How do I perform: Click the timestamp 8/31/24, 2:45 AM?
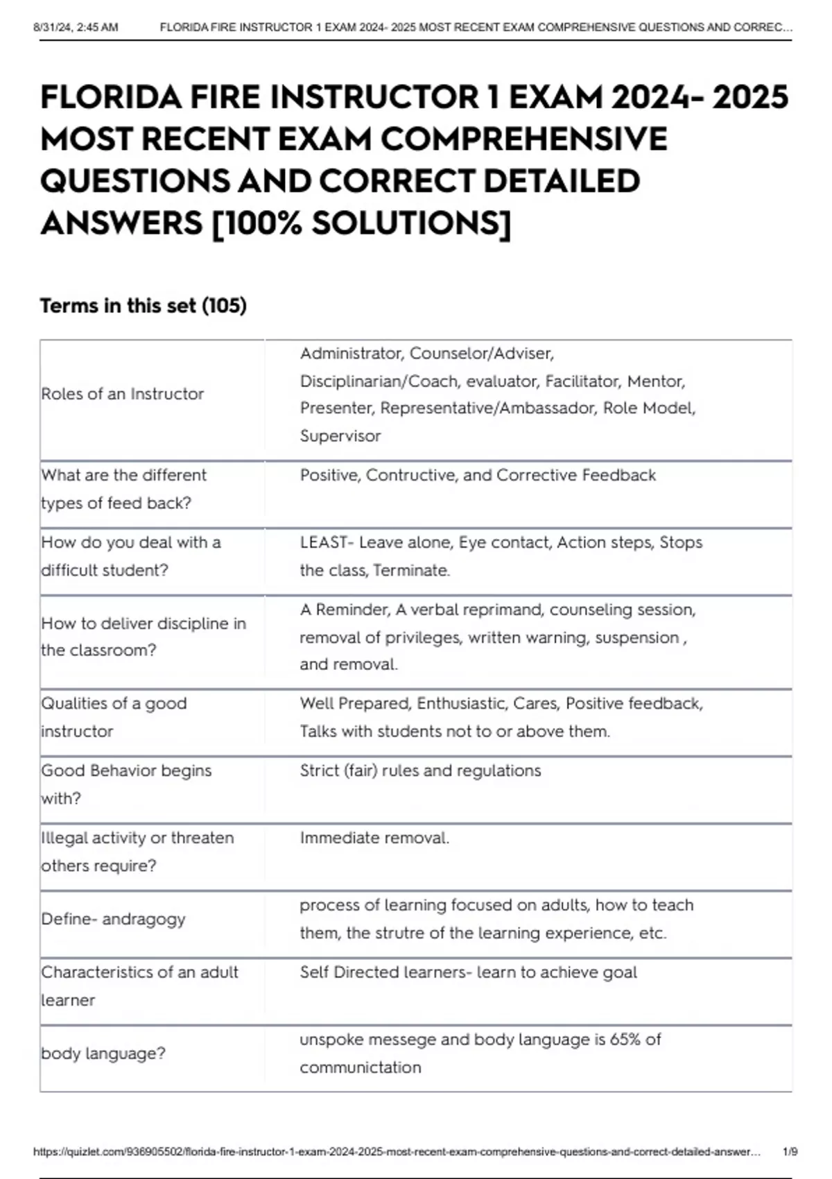pyautogui.click(x=76, y=28)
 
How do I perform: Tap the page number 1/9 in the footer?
pyautogui.click(x=790, y=1152)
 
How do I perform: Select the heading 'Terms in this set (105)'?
pyautogui.click(x=143, y=306)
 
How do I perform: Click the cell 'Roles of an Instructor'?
pyautogui.click(x=123, y=394)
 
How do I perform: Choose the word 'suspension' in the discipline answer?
pyautogui.click(x=637, y=637)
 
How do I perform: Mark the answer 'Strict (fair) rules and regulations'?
pyautogui.click(x=420, y=771)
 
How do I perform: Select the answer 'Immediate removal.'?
pyautogui.click(x=374, y=838)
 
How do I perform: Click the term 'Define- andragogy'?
pyautogui.click(x=113, y=919)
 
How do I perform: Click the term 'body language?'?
pyautogui.click(x=103, y=1053)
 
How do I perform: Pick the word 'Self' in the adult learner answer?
pyautogui.click(x=314, y=972)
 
